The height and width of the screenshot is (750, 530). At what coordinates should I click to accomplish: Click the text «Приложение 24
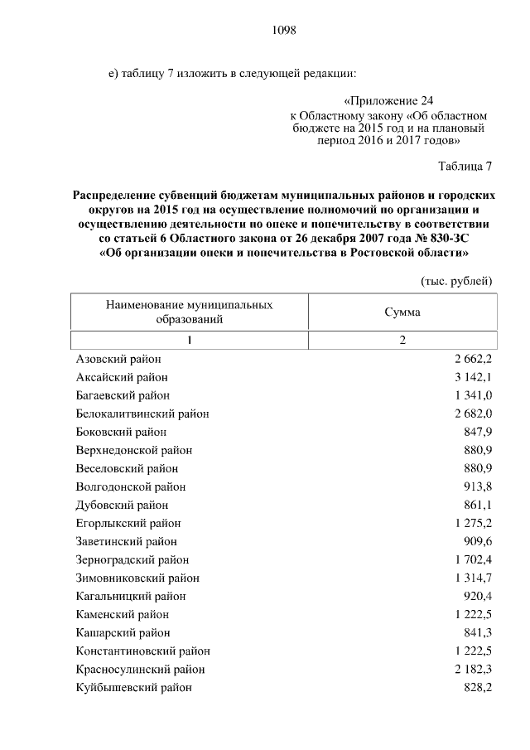(388, 100)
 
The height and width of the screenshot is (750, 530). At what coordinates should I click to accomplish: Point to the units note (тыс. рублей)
(456, 280)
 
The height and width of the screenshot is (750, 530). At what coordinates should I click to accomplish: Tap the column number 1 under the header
(189, 341)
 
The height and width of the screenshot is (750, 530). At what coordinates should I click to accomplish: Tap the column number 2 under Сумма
(402, 341)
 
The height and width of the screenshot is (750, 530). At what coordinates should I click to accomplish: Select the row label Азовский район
(118, 358)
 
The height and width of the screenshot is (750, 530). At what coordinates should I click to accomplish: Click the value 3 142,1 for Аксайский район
(473, 376)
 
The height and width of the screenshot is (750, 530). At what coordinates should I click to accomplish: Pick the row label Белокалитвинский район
(142, 413)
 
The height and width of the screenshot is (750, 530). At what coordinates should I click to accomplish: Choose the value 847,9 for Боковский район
(479, 432)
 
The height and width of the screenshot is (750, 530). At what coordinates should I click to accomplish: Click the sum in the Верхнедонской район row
(479, 450)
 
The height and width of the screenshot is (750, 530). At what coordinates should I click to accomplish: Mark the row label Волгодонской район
(130, 486)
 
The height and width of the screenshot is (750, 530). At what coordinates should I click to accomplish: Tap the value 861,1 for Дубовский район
(479, 505)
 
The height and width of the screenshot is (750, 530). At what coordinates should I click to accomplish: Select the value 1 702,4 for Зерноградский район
(473, 559)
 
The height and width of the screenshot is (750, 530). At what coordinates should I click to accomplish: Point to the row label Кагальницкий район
(130, 596)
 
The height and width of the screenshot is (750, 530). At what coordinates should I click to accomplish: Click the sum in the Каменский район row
(473, 614)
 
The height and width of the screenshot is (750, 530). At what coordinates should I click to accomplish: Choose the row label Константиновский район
(142, 651)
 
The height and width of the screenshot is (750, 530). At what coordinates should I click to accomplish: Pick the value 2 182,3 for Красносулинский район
(473, 669)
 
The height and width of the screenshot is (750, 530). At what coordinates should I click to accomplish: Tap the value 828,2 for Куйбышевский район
(479, 687)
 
